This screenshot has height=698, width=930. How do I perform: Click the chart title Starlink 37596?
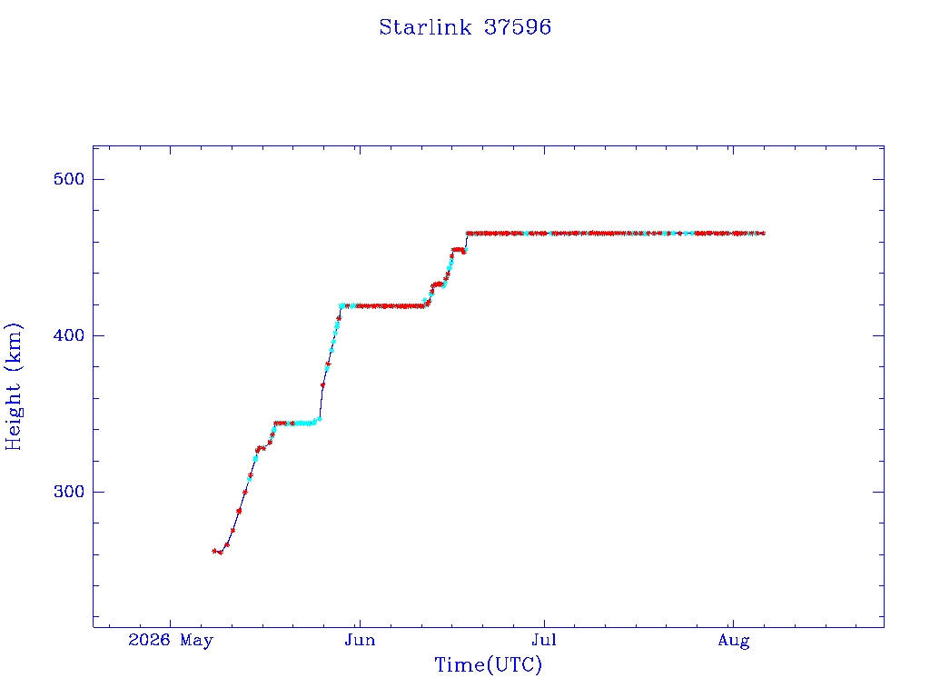point(465,27)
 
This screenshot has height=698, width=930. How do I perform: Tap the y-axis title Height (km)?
point(13,386)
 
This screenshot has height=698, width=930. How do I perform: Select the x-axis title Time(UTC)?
point(488,664)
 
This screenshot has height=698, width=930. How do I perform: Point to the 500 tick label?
point(69,179)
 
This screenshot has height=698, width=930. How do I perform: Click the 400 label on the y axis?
point(69,335)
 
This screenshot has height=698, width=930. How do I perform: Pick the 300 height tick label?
point(69,492)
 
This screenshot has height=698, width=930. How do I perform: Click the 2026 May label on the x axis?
point(170,641)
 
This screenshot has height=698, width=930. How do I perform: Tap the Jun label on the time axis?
point(360,640)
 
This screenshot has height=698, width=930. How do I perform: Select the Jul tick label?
point(544,640)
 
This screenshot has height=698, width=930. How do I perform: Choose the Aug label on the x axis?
point(734,641)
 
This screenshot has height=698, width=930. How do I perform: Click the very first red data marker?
point(214,551)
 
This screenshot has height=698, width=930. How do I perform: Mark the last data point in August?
point(763,234)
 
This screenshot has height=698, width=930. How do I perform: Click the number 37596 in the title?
point(518,27)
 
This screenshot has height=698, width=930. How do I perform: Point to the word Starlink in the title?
point(425,27)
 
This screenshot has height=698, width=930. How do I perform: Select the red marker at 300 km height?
point(245,492)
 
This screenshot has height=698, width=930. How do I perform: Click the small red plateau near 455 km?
point(458,250)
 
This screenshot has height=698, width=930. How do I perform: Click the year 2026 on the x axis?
point(149,640)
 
